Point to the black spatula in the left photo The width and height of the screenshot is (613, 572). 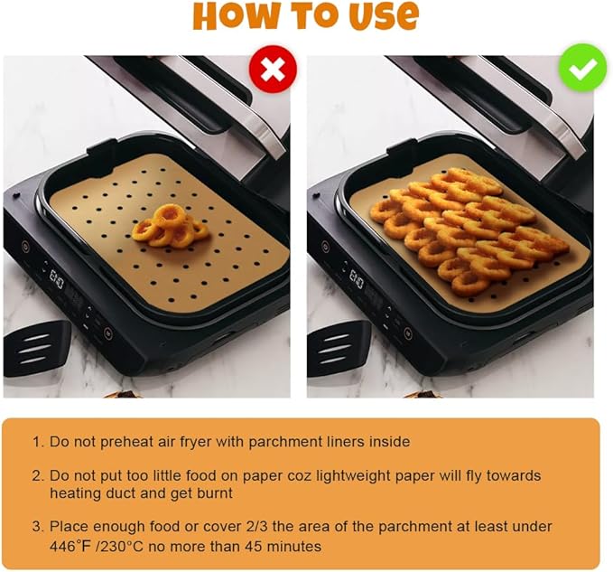(36, 347)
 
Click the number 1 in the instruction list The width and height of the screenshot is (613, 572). (37, 442)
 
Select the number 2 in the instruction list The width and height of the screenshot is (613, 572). (37, 475)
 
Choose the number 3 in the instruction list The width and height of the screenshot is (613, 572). (37, 526)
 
